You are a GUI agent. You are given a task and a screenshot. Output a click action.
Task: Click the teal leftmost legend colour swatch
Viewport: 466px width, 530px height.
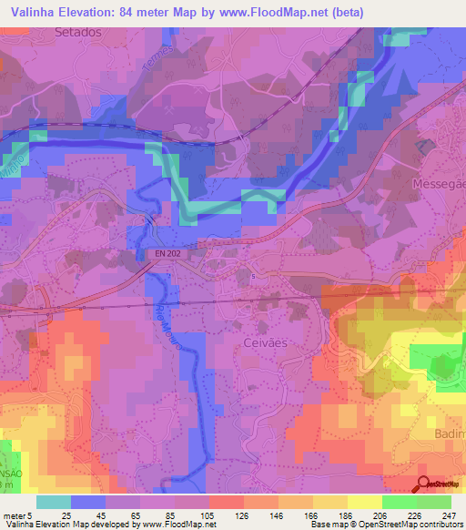[54, 502]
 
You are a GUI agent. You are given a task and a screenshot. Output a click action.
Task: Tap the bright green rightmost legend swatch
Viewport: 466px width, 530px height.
[434, 502]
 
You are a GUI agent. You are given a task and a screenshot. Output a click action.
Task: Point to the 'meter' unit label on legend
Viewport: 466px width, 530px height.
[14, 516]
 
